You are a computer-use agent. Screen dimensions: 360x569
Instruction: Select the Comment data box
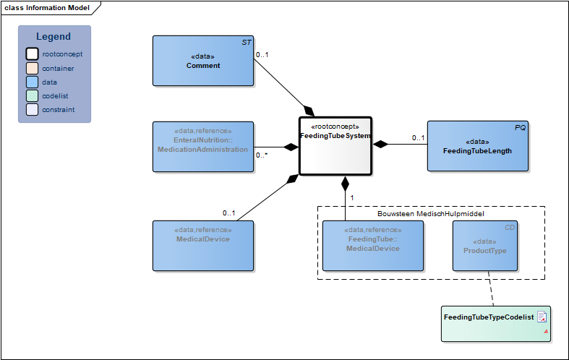tap(202, 61)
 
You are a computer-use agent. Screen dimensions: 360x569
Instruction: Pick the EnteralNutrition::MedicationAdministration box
tap(202, 146)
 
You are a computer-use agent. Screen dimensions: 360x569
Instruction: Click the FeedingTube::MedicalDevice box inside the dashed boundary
tap(373, 245)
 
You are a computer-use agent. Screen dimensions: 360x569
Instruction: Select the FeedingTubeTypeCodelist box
tap(495, 322)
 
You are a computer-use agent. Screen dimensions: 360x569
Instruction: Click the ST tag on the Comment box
tap(246, 43)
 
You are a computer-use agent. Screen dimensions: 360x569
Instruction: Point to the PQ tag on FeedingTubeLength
tap(520, 128)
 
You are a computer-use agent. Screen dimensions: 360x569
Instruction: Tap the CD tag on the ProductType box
tap(510, 228)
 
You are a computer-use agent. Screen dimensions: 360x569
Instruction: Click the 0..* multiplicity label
tap(262, 155)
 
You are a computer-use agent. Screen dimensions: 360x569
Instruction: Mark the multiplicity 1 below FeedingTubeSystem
tap(351, 197)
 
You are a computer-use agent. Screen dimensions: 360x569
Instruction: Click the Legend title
tap(54, 37)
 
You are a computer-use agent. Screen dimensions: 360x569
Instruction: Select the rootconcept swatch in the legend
tap(32, 54)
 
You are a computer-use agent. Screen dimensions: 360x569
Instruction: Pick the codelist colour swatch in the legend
tap(32, 96)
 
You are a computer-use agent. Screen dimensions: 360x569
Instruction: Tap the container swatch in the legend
tap(32, 69)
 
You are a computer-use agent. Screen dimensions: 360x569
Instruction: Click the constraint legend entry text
tap(58, 110)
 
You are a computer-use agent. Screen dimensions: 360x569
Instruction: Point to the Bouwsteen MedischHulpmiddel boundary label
tap(430, 214)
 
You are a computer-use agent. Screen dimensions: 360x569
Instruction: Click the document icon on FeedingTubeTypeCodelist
tap(542, 317)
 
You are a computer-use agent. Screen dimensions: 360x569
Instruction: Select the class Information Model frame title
tap(47, 8)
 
